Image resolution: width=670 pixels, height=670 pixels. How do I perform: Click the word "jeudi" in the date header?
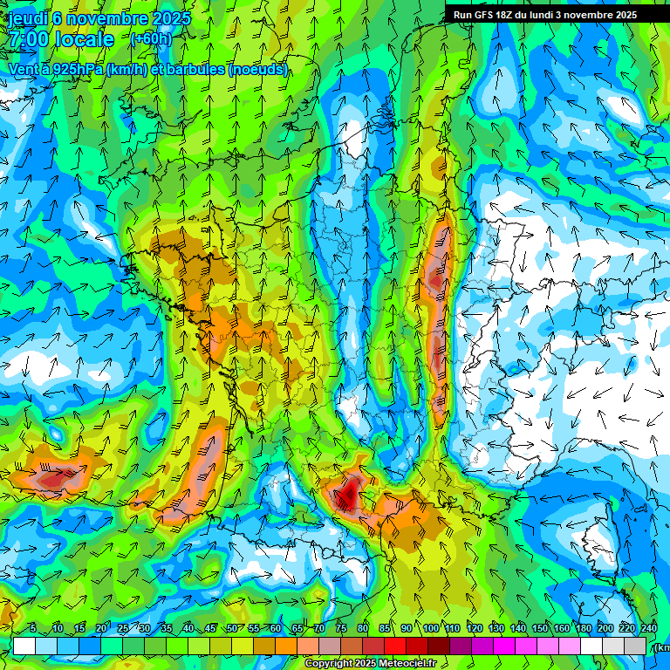click(28, 18)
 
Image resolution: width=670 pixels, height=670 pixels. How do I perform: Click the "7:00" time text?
click(31, 40)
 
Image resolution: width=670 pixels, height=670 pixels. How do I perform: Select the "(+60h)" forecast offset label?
click(151, 39)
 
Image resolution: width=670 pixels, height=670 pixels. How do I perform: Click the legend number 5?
click(32, 629)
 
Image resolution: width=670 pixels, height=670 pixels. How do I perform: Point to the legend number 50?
click(231, 629)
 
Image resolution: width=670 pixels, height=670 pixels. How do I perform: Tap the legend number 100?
click(430, 629)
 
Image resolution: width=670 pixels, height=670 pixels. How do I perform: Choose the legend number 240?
click(649, 629)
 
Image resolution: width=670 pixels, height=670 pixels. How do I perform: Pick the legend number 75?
click(341, 629)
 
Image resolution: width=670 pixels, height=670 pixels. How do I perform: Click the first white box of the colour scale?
click(24, 646)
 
